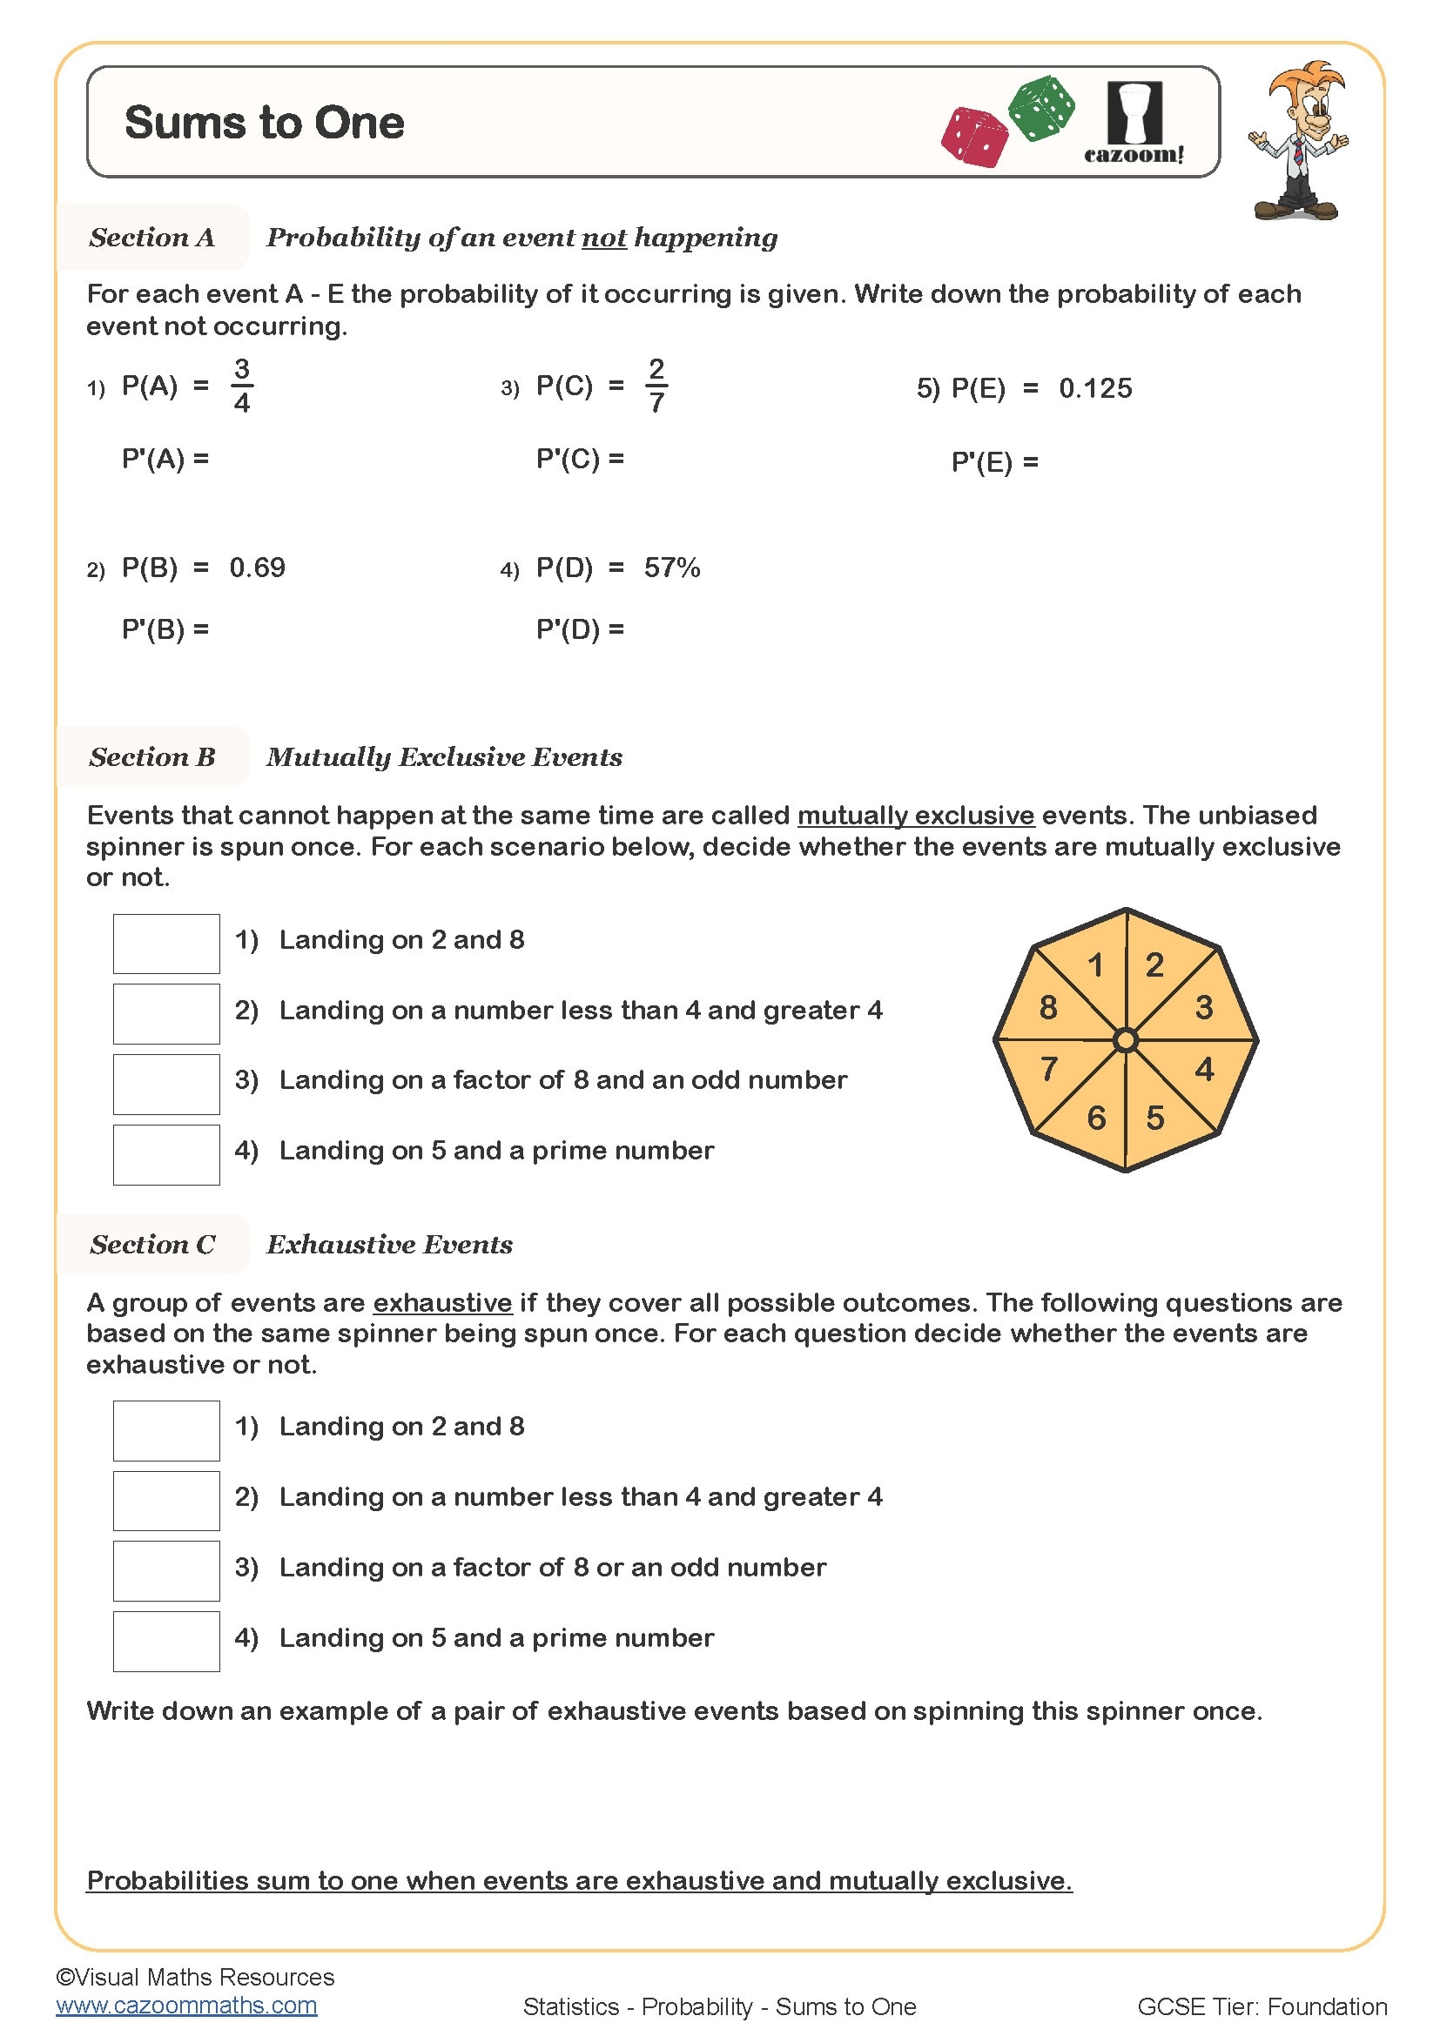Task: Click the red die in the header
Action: (974, 137)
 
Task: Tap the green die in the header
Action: (1042, 108)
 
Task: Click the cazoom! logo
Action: (1134, 124)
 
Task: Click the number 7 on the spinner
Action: (1049, 1069)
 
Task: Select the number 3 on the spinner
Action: (1203, 1007)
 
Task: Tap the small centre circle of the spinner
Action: (1125, 1039)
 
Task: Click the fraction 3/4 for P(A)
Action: (241, 386)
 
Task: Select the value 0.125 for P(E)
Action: (1095, 388)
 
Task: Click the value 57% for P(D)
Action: (672, 568)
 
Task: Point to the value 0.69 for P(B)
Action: (257, 568)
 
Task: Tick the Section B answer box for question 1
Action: (165, 944)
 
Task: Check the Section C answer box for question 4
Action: (165, 1642)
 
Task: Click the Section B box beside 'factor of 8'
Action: (165, 1084)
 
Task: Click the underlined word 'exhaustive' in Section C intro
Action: (442, 1303)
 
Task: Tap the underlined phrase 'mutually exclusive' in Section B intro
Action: (915, 815)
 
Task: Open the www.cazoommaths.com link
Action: (186, 2006)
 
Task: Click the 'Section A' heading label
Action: (151, 238)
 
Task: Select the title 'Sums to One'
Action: (265, 123)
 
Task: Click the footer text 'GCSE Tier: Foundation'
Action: (1261, 2006)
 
